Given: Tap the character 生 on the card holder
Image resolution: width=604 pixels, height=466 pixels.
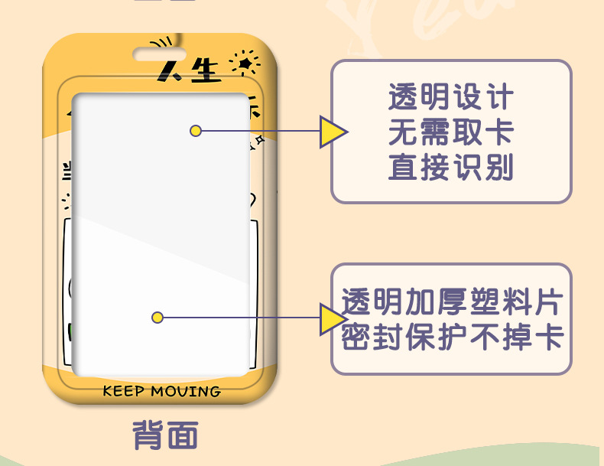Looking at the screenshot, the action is tap(203, 71).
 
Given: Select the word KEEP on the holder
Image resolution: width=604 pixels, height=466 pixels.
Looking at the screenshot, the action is tap(123, 392).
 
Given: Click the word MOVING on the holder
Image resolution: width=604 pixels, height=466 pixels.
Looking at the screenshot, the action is tap(185, 392).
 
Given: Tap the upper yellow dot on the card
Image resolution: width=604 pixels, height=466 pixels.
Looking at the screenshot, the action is tap(196, 131).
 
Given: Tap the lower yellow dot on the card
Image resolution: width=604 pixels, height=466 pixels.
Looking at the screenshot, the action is tap(157, 317).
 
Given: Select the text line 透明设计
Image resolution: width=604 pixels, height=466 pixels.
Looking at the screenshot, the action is tap(451, 99).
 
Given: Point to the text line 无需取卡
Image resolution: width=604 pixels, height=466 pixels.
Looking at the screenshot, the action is tap(451, 133).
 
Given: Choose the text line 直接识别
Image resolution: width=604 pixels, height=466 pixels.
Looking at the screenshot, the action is tap(451, 168).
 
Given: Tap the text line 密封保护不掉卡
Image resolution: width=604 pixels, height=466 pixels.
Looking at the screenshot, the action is tap(451, 337).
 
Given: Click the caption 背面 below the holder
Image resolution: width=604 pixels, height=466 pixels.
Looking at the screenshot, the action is tap(165, 435).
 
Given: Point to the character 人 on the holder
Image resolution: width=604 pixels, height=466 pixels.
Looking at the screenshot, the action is tap(170, 71).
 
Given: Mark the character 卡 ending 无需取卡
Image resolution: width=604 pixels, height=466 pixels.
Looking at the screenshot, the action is tap(499, 133).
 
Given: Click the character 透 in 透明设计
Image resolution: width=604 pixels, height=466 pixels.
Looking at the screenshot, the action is tap(403, 99).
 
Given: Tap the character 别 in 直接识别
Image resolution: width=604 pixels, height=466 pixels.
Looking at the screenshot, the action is tap(499, 168).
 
